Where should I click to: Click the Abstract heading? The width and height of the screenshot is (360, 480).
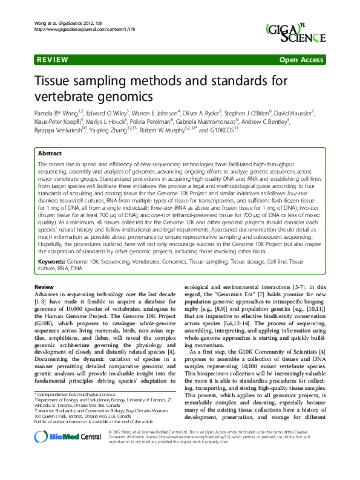point(50,154)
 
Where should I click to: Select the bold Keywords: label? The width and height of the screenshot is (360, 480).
point(52,262)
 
